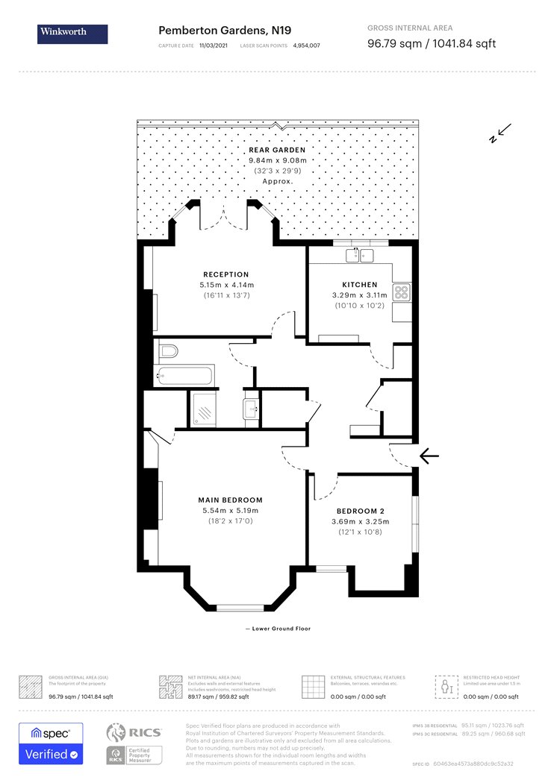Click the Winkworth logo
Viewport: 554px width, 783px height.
point(72,34)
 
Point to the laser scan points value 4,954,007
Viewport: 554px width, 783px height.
point(306,46)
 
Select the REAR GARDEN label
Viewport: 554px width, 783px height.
point(277,150)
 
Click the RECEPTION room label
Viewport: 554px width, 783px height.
point(225,274)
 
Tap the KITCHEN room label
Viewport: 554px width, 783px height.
point(360,284)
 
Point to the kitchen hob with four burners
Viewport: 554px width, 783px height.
point(401,292)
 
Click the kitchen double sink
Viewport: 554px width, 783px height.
point(359,256)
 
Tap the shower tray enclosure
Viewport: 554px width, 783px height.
point(204,407)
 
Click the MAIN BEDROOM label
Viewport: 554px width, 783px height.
point(230,500)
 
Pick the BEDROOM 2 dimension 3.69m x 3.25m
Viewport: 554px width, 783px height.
point(361,522)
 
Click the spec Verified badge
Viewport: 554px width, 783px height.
point(51,743)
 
